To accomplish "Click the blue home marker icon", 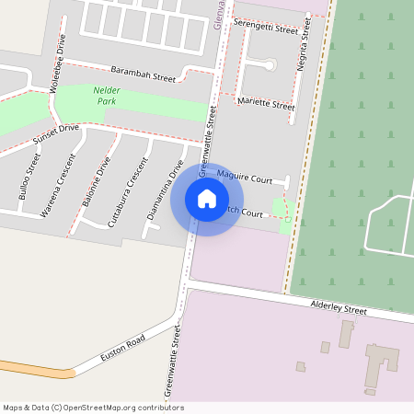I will [x=207, y=199].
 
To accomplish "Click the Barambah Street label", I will [x=144, y=74].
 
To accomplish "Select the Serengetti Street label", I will [x=267, y=26].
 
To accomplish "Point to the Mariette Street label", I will [x=266, y=102].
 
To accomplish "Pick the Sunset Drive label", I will [x=56, y=134].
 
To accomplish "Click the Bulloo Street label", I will [x=30, y=178].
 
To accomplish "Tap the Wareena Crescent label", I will [x=58, y=190].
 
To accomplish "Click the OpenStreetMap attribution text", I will [x=93, y=407].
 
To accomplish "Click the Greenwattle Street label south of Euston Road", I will [x=174, y=366].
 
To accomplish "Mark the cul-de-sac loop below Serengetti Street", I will [x=269, y=64].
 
